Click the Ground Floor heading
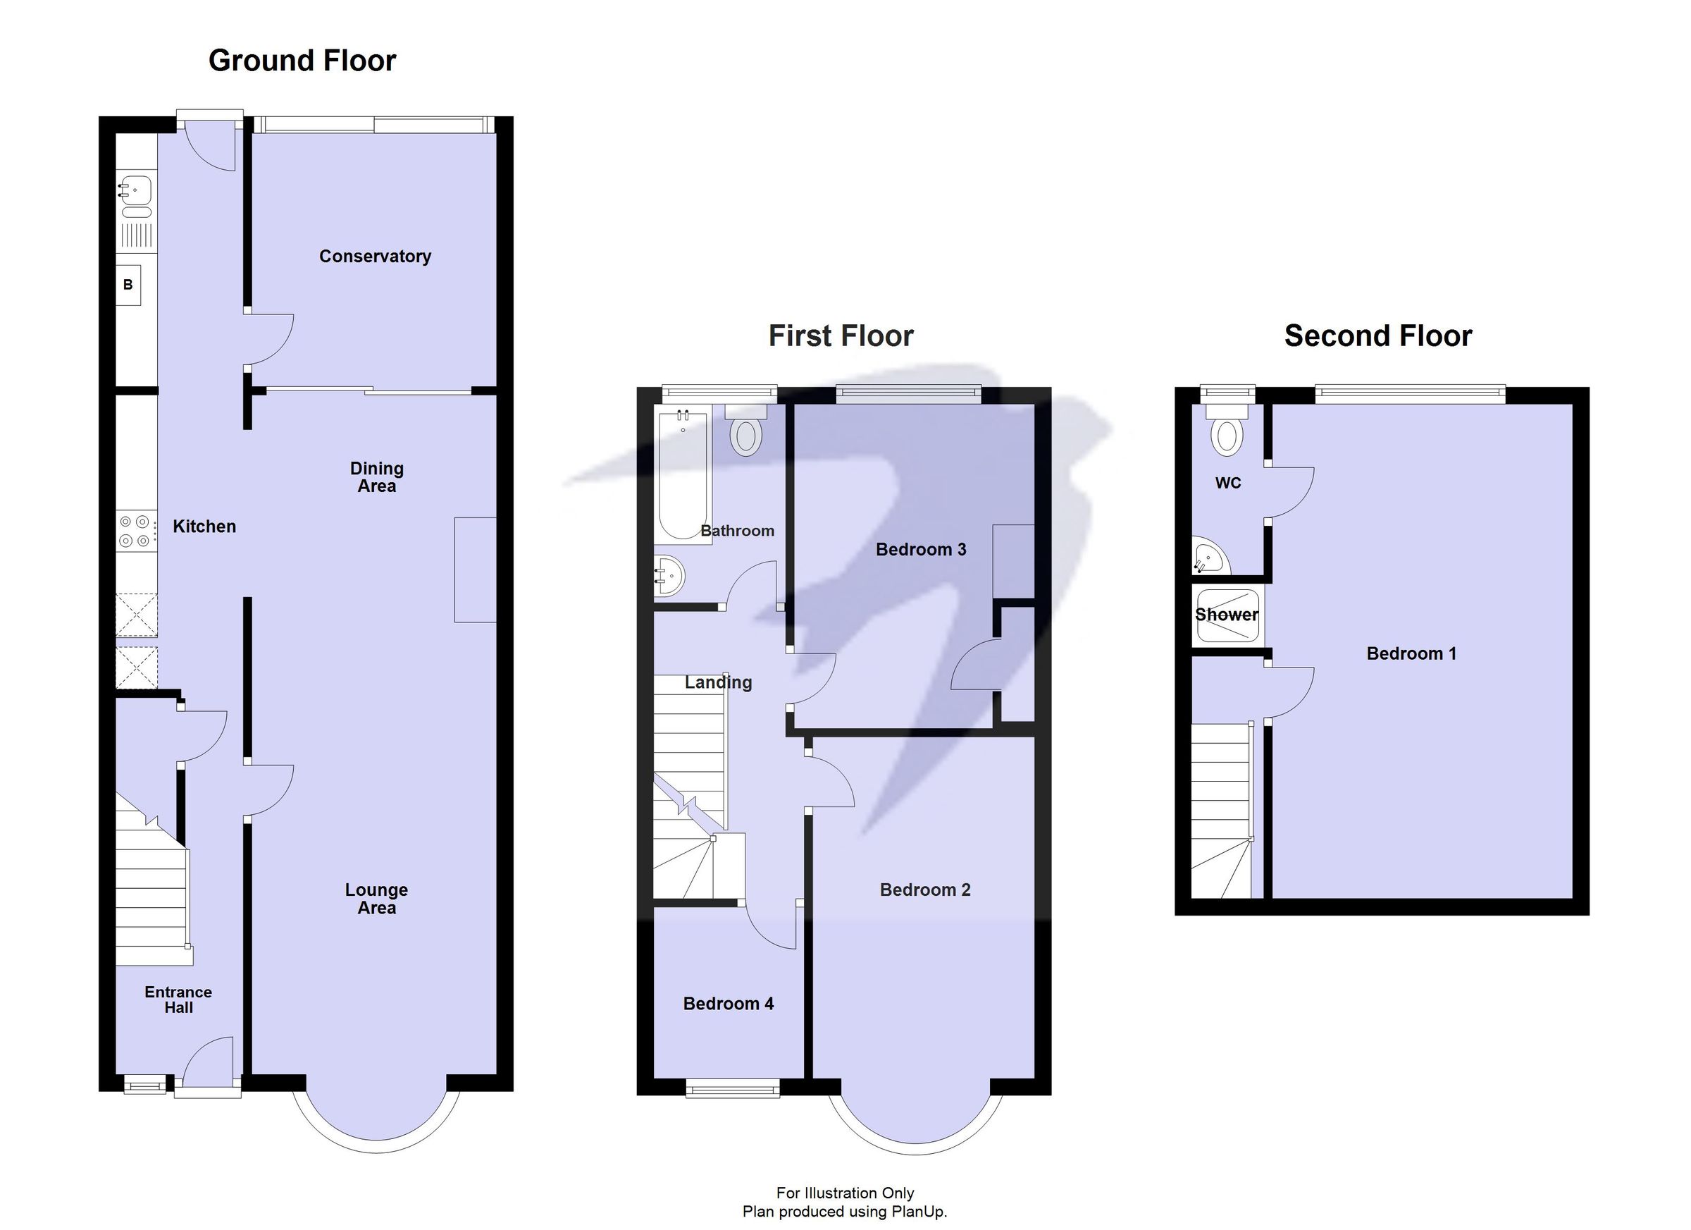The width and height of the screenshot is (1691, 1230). point(302,61)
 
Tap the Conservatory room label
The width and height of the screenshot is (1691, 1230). point(375,257)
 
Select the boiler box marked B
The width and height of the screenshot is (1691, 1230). point(128,285)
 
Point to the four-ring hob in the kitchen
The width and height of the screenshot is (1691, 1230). point(136,531)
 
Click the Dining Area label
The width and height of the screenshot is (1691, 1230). point(376,477)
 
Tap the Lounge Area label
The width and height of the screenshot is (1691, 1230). point(376,898)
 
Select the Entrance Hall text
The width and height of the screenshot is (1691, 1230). point(178,1000)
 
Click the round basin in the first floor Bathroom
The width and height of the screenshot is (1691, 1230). point(669,576)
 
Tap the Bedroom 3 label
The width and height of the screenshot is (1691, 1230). point(921,550)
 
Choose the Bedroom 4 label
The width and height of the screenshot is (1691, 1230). point(729,1004)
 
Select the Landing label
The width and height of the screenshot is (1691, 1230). point(718,682)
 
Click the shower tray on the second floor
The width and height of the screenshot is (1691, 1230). point(1227,616)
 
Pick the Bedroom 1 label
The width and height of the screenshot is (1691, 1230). point(1411,654)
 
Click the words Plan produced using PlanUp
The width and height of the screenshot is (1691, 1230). point(845,1212)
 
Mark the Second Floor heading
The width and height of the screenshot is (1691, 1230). point(1378,336)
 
